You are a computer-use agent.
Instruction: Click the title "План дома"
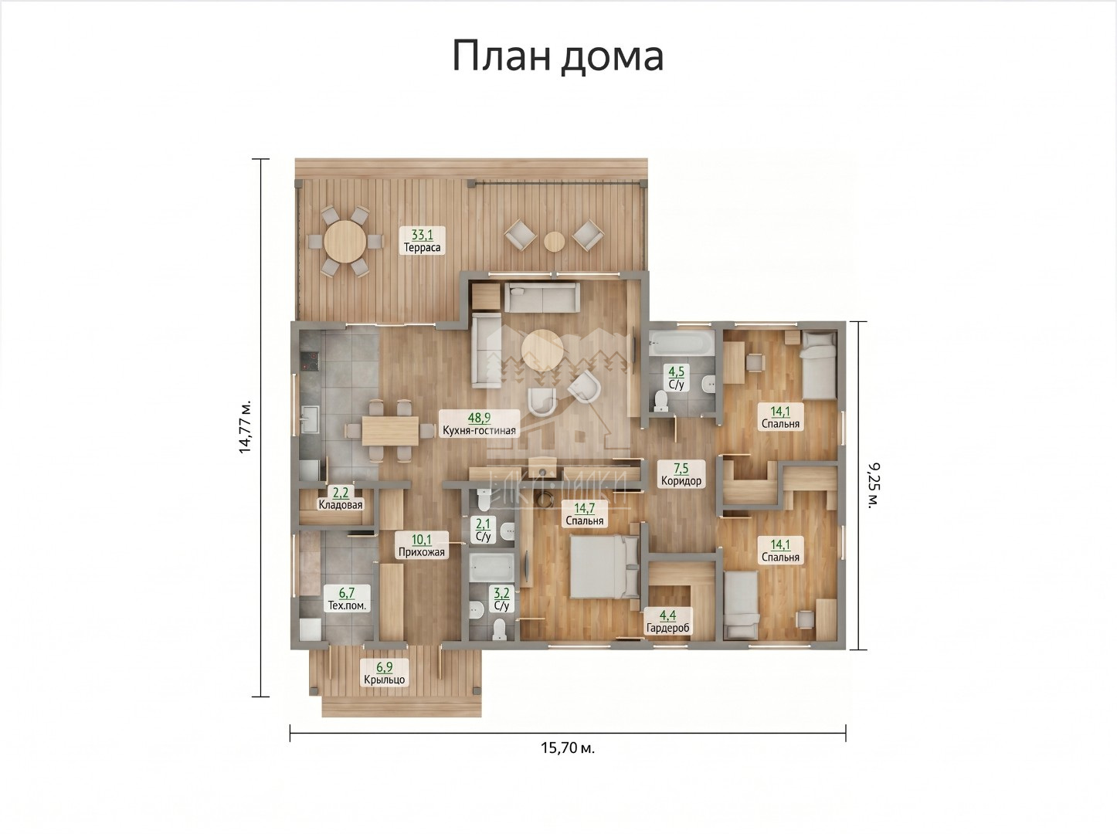558,56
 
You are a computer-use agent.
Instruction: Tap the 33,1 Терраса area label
422,241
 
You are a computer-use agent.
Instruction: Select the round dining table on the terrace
345,241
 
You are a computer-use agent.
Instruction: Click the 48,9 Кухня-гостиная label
479,424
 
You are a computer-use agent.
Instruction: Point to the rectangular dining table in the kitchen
390,431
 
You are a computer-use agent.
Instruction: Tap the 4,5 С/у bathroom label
676,379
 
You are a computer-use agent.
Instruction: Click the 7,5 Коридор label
681,474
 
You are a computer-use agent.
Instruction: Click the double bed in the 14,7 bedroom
604,566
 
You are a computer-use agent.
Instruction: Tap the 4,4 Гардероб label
667,622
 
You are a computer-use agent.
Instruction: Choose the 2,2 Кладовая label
340,498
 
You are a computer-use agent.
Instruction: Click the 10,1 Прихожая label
421,546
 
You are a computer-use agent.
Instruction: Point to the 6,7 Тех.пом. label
347,599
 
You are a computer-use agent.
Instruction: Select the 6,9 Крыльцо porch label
384,673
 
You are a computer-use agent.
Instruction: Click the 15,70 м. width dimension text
568,748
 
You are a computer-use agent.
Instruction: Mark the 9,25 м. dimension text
874,486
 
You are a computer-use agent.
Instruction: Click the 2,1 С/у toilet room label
483,530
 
